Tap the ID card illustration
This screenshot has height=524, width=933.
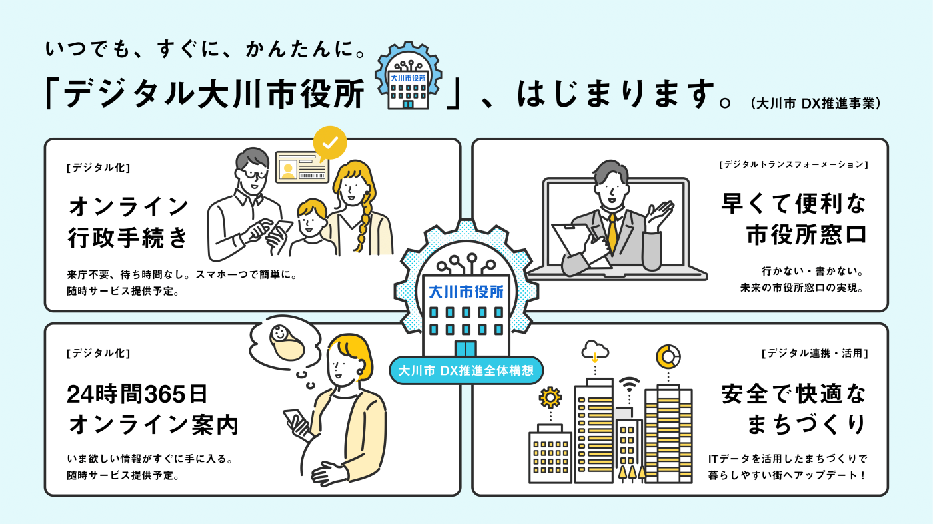click(x=302, y=167)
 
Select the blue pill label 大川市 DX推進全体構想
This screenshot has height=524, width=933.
click(x=466, y=370)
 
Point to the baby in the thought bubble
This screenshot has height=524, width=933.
click(x=286, y=342)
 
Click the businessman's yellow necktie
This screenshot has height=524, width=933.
click(x=612, y=233)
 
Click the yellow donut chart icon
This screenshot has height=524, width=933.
click(x=668, y=357)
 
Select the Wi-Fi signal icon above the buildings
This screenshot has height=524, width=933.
click(x=629, y=385)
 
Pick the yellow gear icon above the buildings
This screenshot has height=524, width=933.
click(x=550, y=398)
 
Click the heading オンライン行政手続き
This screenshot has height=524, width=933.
click(x=129, y=222)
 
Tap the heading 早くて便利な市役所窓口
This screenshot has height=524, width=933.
click(x=794, y=219)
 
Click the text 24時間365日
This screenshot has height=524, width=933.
click(x=137, y=394)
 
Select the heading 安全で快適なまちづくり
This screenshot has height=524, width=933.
click(x=794, y=409)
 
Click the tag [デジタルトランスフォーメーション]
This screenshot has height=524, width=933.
click(x=794, y=165)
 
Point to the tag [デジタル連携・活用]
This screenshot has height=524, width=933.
click(x=815, y=354)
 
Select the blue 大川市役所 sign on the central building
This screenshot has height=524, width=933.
click(x=466, y=292)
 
